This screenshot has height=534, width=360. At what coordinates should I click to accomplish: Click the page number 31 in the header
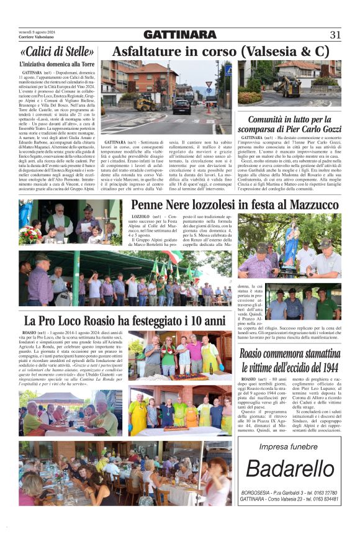(x=335, y=35)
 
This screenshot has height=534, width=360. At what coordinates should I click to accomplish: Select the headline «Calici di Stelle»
(x=57, y=52)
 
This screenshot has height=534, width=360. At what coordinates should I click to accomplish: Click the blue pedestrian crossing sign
(x=228, y=70)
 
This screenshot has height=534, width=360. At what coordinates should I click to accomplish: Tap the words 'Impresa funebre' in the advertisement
(x=289, y=446)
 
